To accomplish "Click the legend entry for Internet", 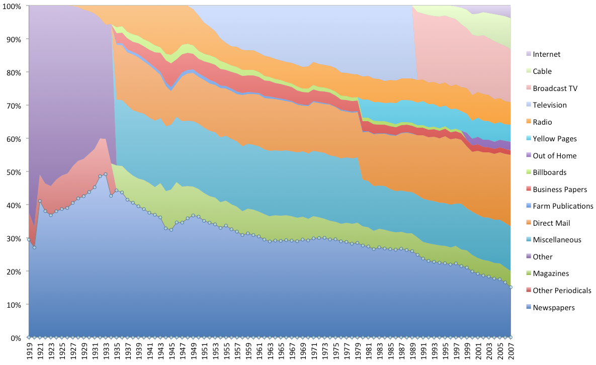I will click(546, 54).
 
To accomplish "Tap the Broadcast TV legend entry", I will click(555, 88).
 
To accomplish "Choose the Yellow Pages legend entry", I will click(555, 139).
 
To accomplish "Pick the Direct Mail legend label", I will click(552, 223).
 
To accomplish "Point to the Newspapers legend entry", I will click(553, 307).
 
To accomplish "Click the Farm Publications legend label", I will click(563, 206).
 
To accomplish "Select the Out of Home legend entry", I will click(554, 155).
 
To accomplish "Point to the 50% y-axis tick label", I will click(14, 172).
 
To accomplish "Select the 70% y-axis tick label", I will click(14, 106).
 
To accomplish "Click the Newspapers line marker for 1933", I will click(106, 174).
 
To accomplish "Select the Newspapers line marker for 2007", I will click(510, 288).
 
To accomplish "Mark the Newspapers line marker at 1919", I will click(29, 240).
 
